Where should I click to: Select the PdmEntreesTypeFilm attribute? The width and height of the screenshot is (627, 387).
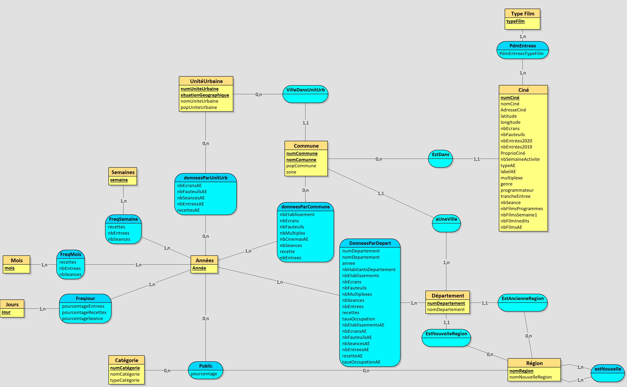coord(521,53)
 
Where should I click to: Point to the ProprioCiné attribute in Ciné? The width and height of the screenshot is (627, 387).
coord(513,153)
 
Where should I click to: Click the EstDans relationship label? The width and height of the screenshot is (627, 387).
coord(440,155)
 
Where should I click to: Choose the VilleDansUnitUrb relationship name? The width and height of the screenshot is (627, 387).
coord(305,90)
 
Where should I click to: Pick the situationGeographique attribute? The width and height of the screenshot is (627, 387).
coord(204,95)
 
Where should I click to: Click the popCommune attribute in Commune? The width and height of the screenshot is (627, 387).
coord(301,166)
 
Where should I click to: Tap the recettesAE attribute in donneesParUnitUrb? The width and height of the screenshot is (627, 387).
coord(188,210)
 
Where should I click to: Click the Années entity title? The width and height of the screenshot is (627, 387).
coord(204,260)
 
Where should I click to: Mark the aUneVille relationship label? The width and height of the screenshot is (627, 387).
coord(446,219)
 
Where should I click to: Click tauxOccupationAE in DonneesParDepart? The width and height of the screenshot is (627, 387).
coord(361,362)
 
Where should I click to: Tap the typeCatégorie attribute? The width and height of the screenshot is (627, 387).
coord(125,380)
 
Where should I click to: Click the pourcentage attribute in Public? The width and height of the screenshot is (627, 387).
coord(204,374)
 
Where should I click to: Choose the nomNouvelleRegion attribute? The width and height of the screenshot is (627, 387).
coord(530,377)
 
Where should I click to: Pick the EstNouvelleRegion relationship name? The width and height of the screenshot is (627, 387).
coord(446,334)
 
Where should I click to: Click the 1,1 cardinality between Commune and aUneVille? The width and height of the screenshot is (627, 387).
coord(380,193)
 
